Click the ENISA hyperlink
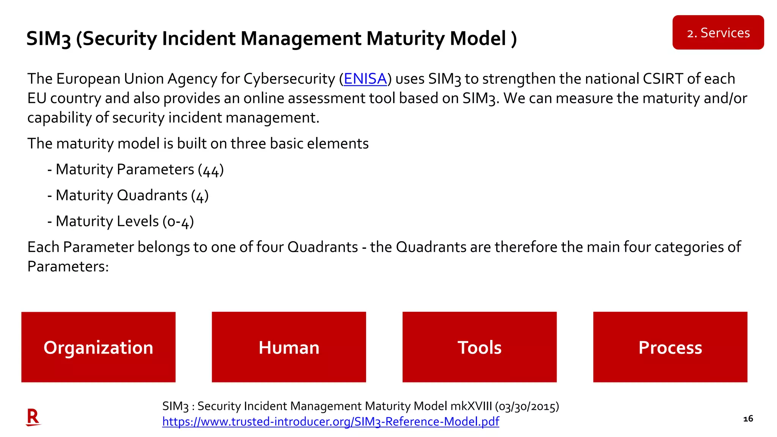pyautogui.click(x=365, y=79)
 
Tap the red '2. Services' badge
pyautogui.click(x=718, y=33)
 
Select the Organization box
pyautogui.click(x=98, y=347)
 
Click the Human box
pyautogui.click(x=289, y=347)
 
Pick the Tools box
pyautogui.click(x=479, y=347)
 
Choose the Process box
pyautogui.click(x=670, y=347)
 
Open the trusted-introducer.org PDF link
pyautogui.click(x=330, y=421)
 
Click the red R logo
pyautogui.click(x=33, y=417)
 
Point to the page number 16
pyautogui.click(x=748, y=419)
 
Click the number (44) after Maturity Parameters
pyautogui.click(x=211, y=170)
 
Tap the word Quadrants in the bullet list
pyautogui.click(x=152, y=195)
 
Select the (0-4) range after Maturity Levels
pyautogui.click(x=178, y=222)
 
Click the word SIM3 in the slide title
pyautogui.click(x=49, y=39)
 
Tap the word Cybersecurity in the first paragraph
pyautogui.click(x=289, y=79)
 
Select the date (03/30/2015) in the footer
pyautogui.click(x=527, y=406)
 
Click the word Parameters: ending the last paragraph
pyautogui.click(x=68, y=267)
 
